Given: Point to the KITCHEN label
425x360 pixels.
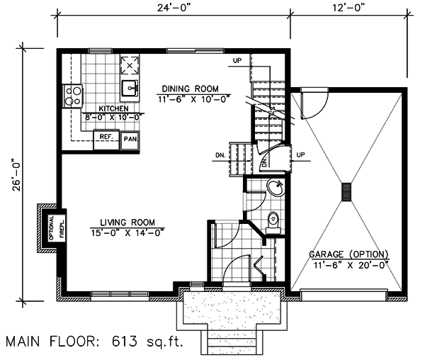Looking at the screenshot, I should pyautogui.click(x=113, y=108).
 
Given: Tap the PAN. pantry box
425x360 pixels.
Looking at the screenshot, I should pyautogui.click(x=130, y=139).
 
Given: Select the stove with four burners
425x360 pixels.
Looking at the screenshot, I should pyautogui.click(x=73, y=95).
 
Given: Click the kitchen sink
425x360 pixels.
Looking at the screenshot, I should pyautogui.click(x=130, y=89).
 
